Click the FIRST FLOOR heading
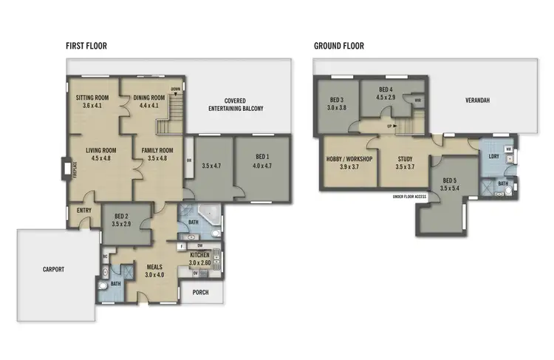coord(86,46)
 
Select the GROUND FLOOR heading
coord(338,46)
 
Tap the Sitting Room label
coord(93,101)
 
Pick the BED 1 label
coord(262,161)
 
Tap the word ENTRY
coord(83,210)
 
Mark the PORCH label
coord(199,292)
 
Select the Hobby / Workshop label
coord(348,163)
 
